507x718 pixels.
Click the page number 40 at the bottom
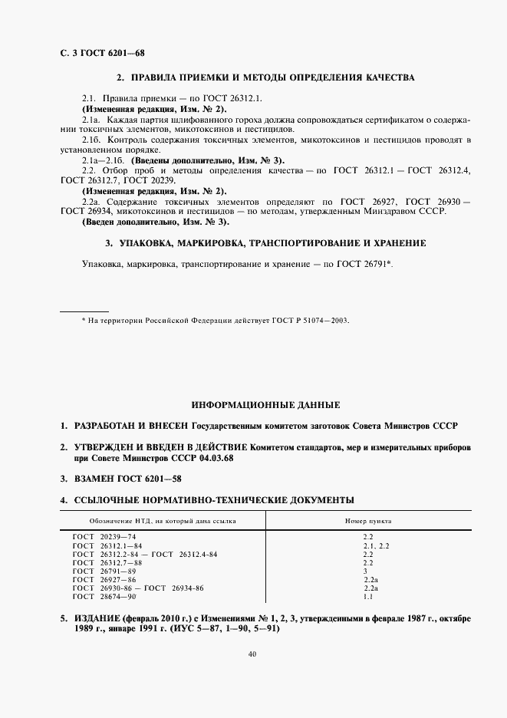point(253,654)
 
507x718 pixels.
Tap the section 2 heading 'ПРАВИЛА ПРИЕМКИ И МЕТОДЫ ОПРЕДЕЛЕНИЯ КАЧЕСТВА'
point(265,78)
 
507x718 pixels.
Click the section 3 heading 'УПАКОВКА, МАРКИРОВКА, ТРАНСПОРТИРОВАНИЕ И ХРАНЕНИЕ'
point(265,243)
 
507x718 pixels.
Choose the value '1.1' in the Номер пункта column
point(367,596)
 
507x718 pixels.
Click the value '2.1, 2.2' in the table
point(376,546)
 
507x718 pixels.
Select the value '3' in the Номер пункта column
point(365,571)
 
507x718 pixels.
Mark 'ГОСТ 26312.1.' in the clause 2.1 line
point(235,99)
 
